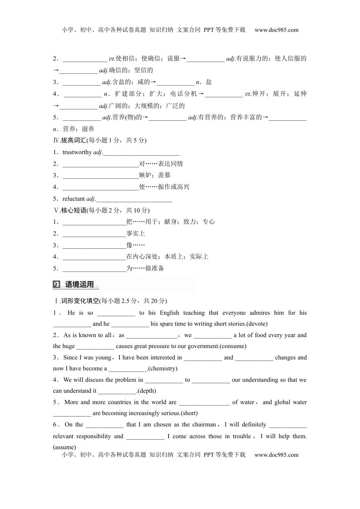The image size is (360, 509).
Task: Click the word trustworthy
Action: click(77, 152)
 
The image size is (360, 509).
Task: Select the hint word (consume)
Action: click(233, 346)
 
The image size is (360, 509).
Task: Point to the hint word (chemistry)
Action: click(163, 368)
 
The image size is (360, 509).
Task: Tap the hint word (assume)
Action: click(64, 447)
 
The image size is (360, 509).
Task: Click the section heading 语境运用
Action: click(80, 284)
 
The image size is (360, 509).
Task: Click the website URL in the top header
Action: click(276, 30)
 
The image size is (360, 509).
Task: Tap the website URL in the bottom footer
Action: click(276, 455)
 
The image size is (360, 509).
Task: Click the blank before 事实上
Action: click(94, 234)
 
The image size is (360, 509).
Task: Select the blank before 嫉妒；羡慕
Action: click(100, 175)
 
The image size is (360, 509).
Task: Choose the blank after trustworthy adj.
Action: click(141, 153)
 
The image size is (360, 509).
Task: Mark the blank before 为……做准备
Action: click(94, 269)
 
